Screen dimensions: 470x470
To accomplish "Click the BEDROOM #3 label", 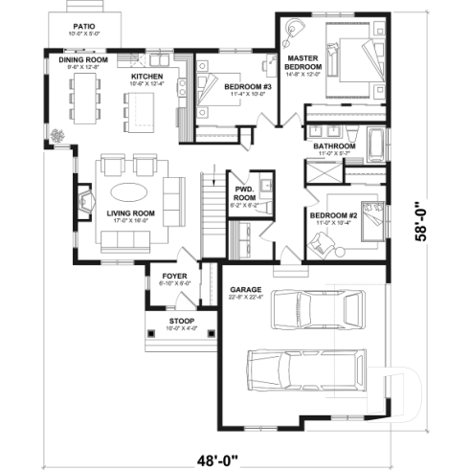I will [249, 88].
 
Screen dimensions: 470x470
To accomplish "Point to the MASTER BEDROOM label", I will [302, 65].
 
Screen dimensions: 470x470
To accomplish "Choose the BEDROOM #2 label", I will [333, 216].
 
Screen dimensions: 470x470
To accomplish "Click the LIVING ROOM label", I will [131, 213].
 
